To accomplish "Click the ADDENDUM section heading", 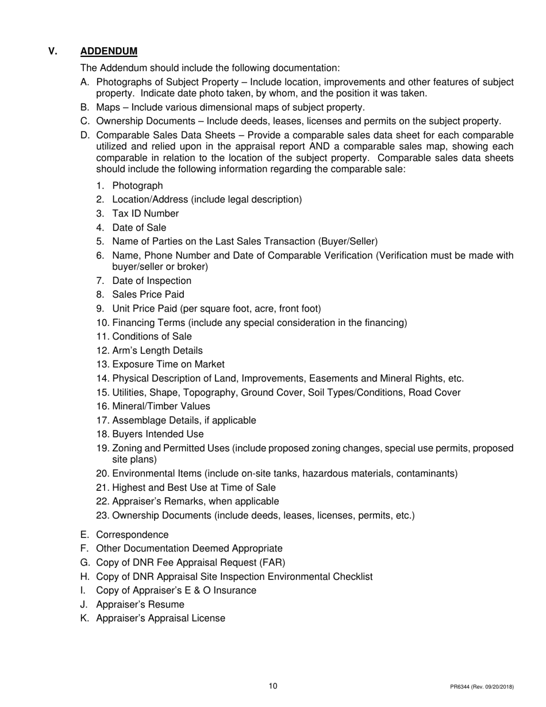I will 109,52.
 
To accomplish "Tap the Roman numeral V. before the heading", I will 53,52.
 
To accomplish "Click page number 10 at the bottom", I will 273,686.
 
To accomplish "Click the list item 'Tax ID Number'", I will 145,213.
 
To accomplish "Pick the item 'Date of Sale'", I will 139,228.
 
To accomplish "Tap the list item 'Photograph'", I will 137,186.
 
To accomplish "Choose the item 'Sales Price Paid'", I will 148,294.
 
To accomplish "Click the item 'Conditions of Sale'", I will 152,336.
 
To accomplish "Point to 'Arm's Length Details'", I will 157,350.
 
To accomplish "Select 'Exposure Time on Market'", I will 168,364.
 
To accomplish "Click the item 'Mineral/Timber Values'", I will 161,406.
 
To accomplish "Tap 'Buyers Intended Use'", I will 157,434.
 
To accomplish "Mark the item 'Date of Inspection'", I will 152,281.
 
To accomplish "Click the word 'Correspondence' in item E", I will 132,535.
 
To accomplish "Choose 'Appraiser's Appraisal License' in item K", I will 160,618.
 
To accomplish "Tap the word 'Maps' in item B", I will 107,107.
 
